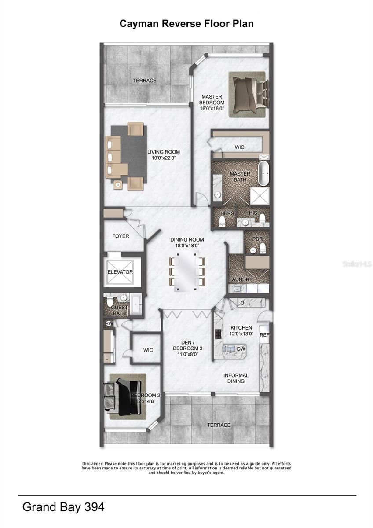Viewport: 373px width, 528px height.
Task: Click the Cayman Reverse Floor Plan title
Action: tap(186, 24)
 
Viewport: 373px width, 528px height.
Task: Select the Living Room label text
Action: tap(163, 155)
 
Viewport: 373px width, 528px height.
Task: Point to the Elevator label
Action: tap(120, 272)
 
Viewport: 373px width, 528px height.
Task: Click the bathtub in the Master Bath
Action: tap(263, 174)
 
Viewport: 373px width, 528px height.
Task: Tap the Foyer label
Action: tap(121, 236)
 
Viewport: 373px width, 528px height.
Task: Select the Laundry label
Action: tap(241, 280)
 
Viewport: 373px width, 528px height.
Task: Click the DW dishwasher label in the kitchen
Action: tap(241, 348)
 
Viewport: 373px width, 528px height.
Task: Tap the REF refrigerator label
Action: tap(264, 335)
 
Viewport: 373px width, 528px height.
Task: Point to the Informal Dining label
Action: tap(236, 378)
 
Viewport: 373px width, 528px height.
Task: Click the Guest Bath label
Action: tap(120, 311)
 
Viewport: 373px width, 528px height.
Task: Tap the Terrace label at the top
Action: tap(145, 81)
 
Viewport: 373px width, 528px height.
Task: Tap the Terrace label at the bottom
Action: tap(219, 425)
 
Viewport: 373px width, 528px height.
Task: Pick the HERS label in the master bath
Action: tap(227, 213)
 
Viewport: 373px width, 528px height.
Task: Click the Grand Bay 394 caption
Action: tap(63, 507)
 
